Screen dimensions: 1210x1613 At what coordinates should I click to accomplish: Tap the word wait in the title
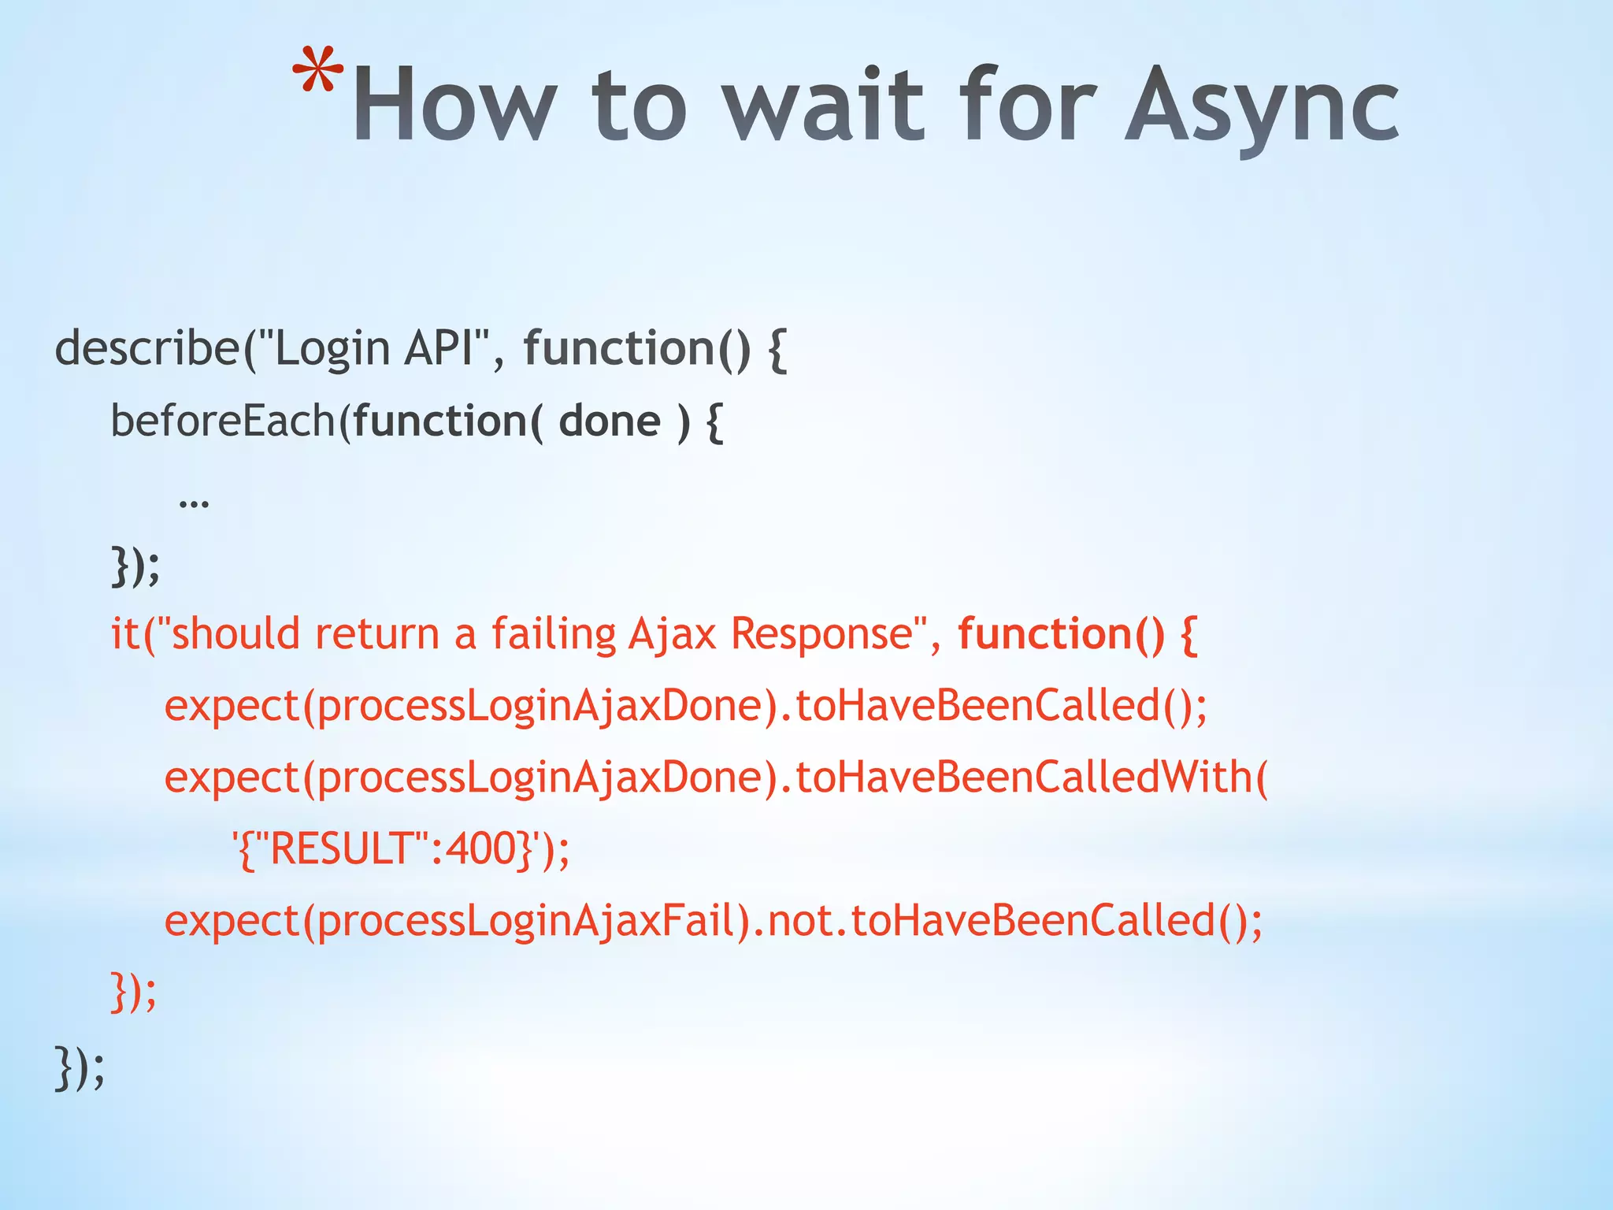823,106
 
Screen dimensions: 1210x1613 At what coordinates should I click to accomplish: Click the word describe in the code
146,348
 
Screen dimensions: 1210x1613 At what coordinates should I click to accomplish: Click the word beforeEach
224,421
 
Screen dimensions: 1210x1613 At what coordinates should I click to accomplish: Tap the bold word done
609,421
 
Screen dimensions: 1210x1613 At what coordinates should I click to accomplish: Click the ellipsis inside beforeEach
194,501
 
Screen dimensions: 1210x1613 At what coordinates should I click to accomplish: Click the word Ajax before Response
672,633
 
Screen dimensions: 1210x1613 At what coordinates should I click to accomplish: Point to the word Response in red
821,633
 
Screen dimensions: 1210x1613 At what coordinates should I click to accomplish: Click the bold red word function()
1060,633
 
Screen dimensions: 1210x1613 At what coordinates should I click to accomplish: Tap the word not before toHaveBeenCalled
798,920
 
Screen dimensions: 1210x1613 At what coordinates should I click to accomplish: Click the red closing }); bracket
133,993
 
